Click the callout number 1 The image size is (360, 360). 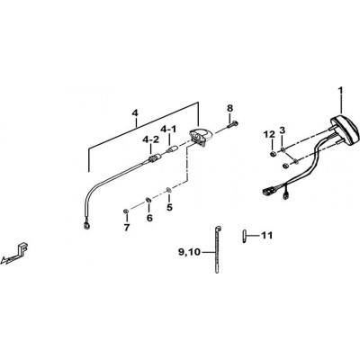pyautogui.click(x=340, y=90)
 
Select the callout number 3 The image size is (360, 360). pyautogui.click(x=282, y=130)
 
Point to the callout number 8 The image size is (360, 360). pyautogui.click(x=229, y=108)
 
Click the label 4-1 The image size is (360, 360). pyautogui.click(x=168, y=130)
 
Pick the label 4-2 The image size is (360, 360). pyautogui.click(x=150, y=139)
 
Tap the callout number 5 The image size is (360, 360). pyautogui.click(x=169, y=207)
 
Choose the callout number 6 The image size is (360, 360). pyautogui.click(x=149, y=218)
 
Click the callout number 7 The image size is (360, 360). pyautogui.click(x=127, y=228)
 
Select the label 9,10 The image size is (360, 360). pyautogui.click(x=189, y=252)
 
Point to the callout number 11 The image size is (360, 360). pyautogui.click(x=266, y=235)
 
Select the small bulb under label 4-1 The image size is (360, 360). pyautogui.click(x=173, y=148)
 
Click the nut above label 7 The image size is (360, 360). pyautogui.click(x=126, y=211)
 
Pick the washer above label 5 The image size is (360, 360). pyautogui.click(x=169, y=190)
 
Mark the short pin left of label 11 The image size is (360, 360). pyautogui.click(x=245, y=236)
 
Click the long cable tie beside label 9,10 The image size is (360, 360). pyautogui.click(x=217, y=249)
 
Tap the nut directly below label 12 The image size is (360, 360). pyautogui.click(x=273, y=154)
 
